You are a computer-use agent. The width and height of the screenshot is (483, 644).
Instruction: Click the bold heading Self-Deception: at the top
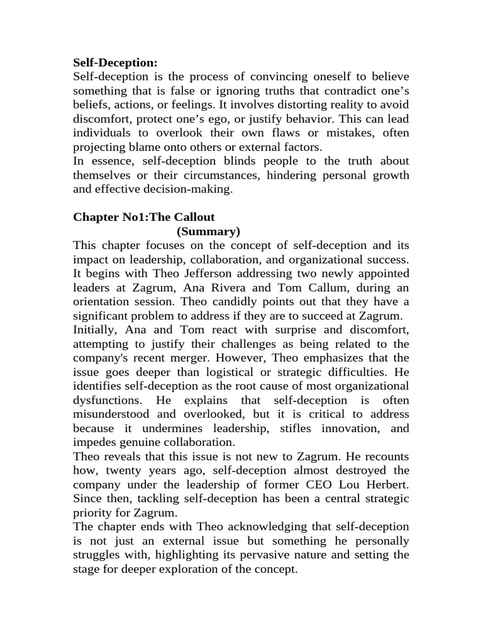(x=115, y=62)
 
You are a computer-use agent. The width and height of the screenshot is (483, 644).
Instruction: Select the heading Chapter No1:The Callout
(x=144, y=217)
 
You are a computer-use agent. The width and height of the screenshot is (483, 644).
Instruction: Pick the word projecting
(x=100, y=147)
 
